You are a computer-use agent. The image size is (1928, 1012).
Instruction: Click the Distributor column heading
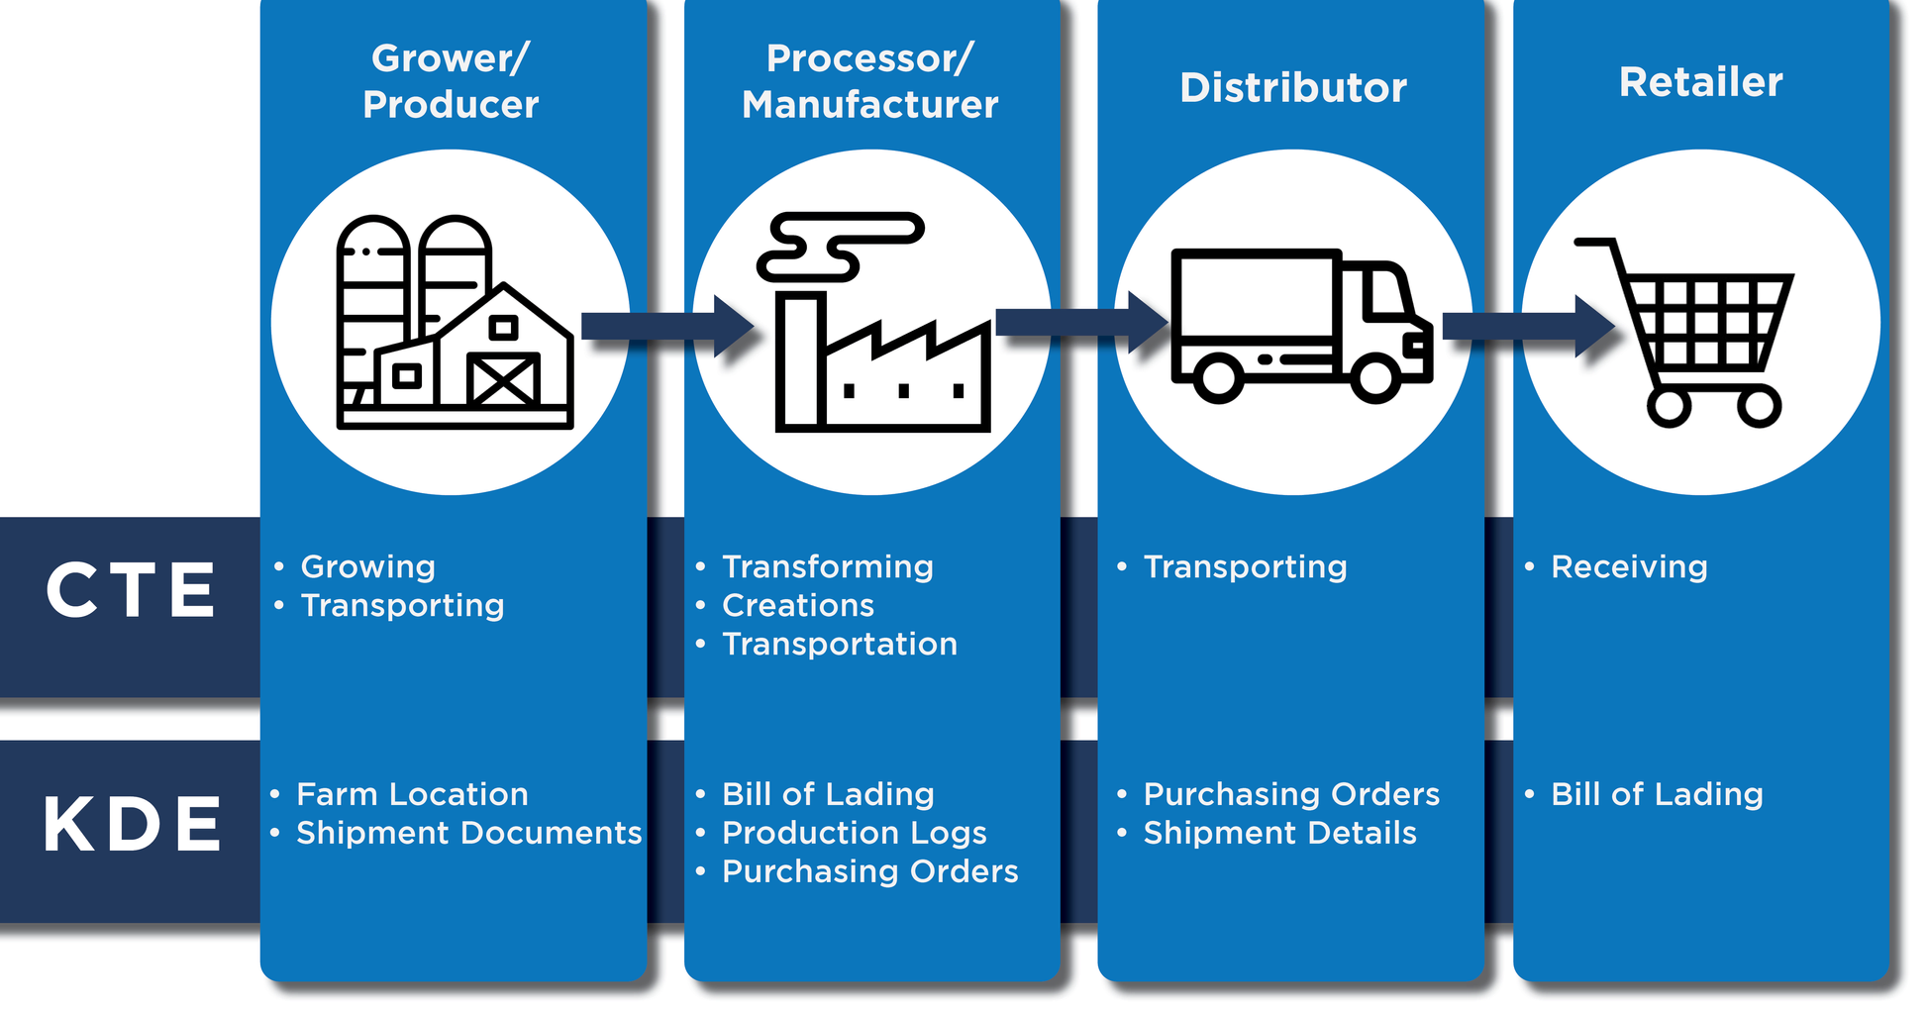(x=1292, y=88)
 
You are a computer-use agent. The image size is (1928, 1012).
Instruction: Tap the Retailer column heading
(x=1700, y=82)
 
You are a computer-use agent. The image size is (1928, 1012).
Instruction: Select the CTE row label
(x=131, y=591)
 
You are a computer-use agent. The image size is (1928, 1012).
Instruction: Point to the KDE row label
(x=133, y=824)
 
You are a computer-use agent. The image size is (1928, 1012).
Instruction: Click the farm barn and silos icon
(x=455, y=323)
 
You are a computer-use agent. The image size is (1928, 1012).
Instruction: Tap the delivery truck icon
(x=1300, y=325)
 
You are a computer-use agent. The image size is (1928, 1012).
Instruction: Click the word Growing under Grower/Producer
(x=367, y=567)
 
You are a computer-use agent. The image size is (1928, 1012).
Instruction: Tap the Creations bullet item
(x=797, y=605)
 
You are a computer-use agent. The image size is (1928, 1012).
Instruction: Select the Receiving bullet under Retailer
(x=1628, y=567)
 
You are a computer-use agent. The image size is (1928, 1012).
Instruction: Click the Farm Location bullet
(x=412, y=794)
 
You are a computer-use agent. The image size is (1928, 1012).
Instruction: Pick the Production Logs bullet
(x=854, y=834)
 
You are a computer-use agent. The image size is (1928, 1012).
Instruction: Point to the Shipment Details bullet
(x=1279, y=833)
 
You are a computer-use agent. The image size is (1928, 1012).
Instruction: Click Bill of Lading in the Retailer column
(x=1656, y=794)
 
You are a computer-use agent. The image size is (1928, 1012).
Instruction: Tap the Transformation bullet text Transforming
(x=827, y=567)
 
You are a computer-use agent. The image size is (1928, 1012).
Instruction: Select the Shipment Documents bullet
(x=468, y=833)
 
